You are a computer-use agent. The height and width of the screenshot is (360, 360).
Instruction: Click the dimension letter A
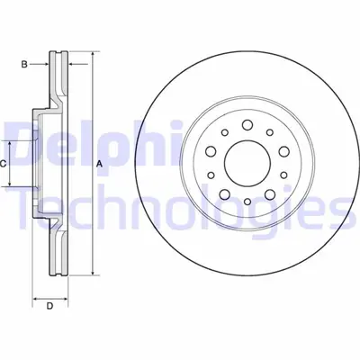tap(99, 163)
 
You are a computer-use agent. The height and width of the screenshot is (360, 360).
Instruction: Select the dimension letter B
tap(25, 64)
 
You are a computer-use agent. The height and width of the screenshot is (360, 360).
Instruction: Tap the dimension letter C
tap(4, 163)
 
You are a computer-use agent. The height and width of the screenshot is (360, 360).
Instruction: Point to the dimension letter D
tap(50, 307)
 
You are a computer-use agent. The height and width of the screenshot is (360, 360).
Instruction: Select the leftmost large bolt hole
tap(205, 151)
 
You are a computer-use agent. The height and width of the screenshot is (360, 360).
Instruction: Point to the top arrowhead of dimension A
tap(91, 56)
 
